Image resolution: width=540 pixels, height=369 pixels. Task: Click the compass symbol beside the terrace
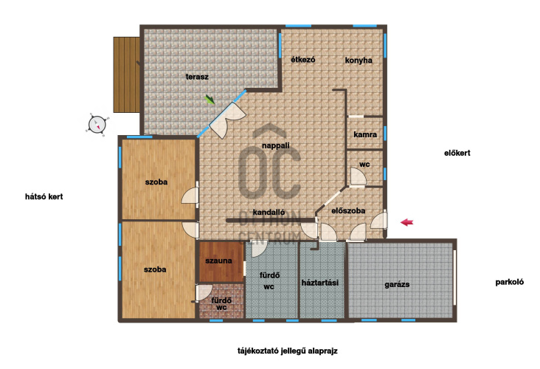pyautogui.click(x=97, y=125)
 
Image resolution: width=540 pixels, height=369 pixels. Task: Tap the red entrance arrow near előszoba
pyautogui.click(x=406, y=222)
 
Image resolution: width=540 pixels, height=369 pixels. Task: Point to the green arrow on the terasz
pyautogui.click(x=210, y=99)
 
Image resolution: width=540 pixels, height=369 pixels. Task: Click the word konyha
pyautogui.click(x=359, y=61)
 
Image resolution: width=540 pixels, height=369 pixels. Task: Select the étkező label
pyautogui.click(x=303, y=60)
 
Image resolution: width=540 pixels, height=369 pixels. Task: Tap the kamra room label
pyautogui.click(x=365, y=135)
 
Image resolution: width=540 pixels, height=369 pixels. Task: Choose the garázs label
pyautogui.click(x=397, y=285)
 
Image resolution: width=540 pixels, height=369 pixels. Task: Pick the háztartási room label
pyautogui.click(x=320, y=283)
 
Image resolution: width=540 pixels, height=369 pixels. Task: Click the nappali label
pyautogui.click(x=275, y=145)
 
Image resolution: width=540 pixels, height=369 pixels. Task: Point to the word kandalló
pyautogui.click(x=269, y=213)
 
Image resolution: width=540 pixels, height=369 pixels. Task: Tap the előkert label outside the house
pyautogui.click(x=457, y=153)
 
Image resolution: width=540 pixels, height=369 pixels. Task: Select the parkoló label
pyautogui.click(x=509, y=282)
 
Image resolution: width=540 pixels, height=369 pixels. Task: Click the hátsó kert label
pyautogui.click(x=44, y=197)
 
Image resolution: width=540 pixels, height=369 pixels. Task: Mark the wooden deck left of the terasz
pyautogui.click(x=127, y=75)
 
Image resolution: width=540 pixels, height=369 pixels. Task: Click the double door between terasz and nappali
pyautogui.click(x=228, y=119)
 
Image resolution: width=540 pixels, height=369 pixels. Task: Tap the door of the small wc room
pyautogui.click(x=358, y=177)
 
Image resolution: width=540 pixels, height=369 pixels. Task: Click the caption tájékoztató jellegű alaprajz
pyautogui.click(x=288, y=351)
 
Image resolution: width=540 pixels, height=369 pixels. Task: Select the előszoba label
pyautogui.click(x=348, y=211)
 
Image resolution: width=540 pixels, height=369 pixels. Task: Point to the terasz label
pyautogui.click(x=197, y=77)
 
